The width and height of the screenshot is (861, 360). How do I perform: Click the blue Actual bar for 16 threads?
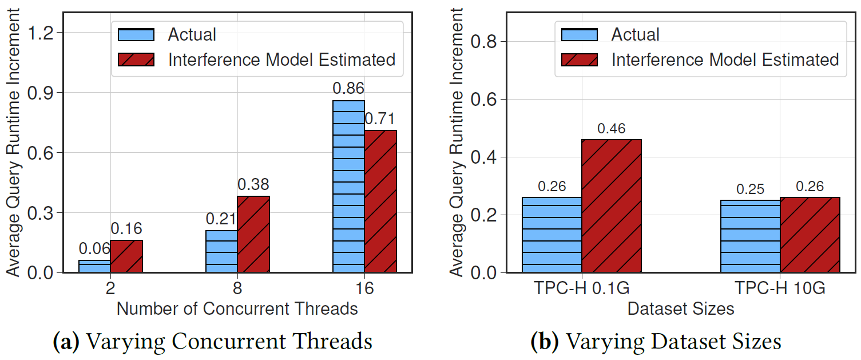click(348, 187)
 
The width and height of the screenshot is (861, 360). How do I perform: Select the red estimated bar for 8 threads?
click(253, 235)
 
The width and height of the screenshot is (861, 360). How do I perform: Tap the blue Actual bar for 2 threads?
click(94, 267)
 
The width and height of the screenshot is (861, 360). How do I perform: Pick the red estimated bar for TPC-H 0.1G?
click(612, 206)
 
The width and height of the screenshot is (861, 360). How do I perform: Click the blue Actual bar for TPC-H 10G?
click(750, 236)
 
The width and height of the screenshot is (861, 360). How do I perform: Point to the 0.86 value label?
click(348, 89)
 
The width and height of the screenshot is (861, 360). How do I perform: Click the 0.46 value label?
click(612, 129)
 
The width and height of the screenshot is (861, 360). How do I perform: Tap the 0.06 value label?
click(94, 249)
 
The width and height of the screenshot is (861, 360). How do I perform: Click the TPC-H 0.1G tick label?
click(582, 288)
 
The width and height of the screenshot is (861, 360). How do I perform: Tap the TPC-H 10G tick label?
click(780, 288)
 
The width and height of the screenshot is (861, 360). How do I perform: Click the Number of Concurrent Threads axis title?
click(237, 309)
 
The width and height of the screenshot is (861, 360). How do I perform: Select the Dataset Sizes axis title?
click(680, 309)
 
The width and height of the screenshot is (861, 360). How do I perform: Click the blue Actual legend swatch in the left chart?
click(136, 34)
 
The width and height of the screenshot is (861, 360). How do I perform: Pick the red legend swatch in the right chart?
click(580, 60)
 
